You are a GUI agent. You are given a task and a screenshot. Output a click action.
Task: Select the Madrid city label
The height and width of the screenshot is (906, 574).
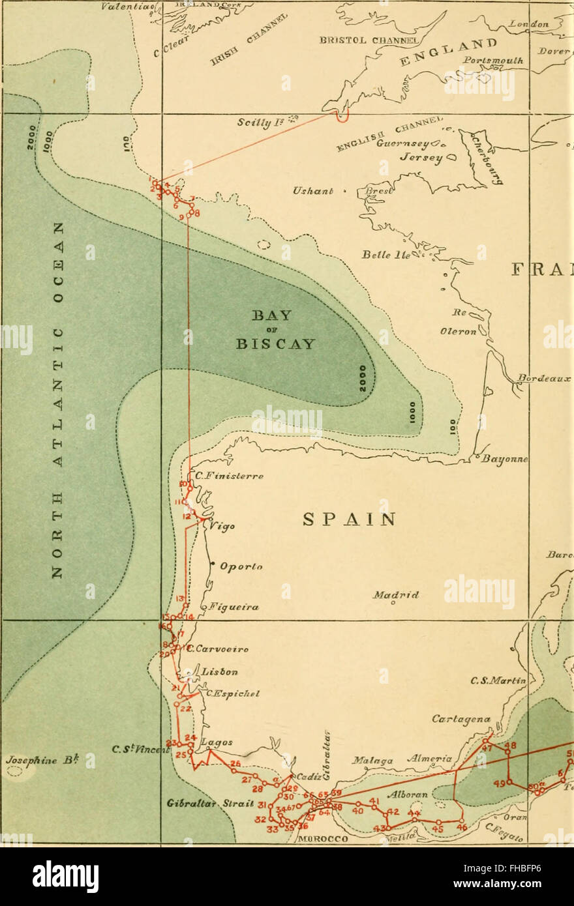[395, 594]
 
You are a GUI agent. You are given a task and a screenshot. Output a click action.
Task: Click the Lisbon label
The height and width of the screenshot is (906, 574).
[219, 671]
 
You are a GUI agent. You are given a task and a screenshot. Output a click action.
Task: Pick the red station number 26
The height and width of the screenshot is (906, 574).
[235, 763]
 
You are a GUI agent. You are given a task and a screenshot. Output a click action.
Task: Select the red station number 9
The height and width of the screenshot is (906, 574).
[181, 216]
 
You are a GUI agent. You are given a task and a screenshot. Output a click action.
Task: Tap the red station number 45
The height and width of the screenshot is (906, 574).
[438, 828]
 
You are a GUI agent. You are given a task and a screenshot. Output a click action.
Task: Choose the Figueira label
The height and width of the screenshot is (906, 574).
[234, 607]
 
